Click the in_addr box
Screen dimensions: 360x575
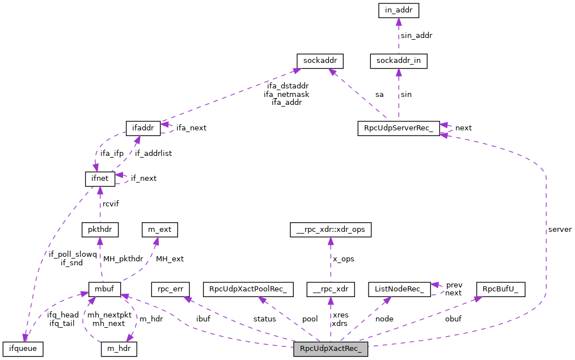pyautogui.click(x=398, y=10)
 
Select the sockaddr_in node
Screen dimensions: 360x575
pyautogui.click(x=398, y=60)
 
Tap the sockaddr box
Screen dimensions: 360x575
pyautogui.click(x=320, y=60)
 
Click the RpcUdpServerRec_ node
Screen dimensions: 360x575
pyautogui.click(x=398, y=128)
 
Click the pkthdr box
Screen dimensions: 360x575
pyautogui.click(x=100, y=230)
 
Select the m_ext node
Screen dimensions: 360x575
pyautogui.click(x=159, y=230)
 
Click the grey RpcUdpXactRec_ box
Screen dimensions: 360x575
pyautogui.click(x=331, y=349)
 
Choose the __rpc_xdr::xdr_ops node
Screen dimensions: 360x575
pyautogui.click(x=330, y=230)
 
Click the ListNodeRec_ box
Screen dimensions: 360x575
pyautogui.click(x=399, y=289)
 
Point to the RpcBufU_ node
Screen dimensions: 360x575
pyautogui.click(x=501, y=289)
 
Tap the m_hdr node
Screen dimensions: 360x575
pyautogui.click(x=118, y=349)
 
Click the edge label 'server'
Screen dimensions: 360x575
pyautogui.click(x=560, y=230)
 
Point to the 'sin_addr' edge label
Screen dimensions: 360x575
pyautogui.click(x=416, y=35)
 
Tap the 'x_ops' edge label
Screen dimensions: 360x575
pyautogui.click(x=344, y=259)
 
